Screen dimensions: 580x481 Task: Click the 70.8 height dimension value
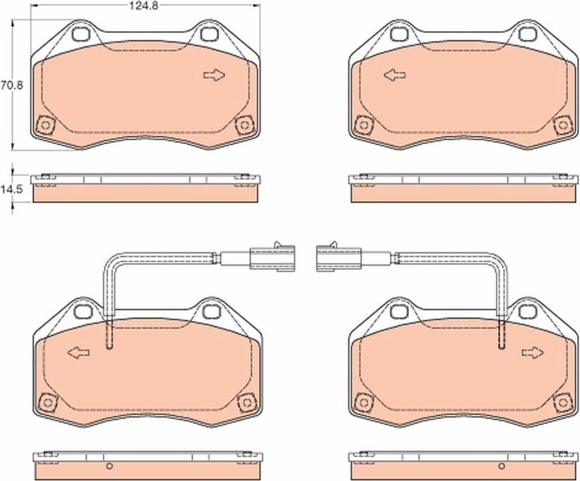(12, 86)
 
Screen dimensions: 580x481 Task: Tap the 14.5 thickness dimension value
(12, 189)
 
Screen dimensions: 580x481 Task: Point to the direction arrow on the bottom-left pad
(78, 352)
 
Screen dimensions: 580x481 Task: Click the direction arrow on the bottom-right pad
(533, 352)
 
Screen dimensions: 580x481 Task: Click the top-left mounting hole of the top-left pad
(81, 34)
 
